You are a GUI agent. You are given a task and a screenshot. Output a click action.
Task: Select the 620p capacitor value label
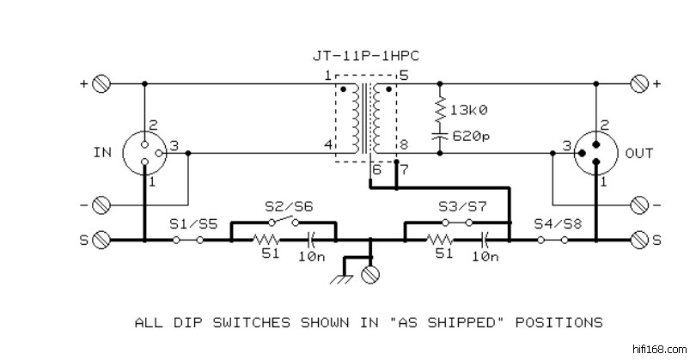[x=470, y=136]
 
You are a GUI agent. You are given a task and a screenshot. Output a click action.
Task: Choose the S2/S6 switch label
[x=288, y=206]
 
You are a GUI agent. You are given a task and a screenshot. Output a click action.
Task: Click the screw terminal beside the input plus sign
[x=101, y=83]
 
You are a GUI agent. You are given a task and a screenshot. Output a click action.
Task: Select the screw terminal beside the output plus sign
[x=638, y=83]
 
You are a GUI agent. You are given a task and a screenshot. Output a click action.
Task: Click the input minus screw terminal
[x=101, y=204]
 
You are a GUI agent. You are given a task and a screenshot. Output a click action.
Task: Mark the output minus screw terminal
[x=638, y=204]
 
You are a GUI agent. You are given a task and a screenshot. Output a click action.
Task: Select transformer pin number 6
[x=375, y=169]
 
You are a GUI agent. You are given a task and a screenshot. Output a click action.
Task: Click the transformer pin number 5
[x=403, y=76]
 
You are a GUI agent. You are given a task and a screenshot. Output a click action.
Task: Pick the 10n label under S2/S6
[x=311, y=255]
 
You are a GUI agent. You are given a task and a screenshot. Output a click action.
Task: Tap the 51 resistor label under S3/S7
[x=443, y=255]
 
